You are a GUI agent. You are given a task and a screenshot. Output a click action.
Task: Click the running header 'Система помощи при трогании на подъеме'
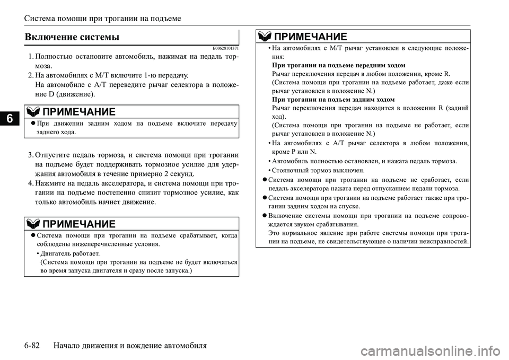click(x=102, y=19)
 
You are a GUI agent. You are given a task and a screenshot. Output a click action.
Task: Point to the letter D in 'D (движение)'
click(x=50, y=94)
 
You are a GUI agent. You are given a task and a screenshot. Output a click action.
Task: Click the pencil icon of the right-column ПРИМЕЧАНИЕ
click(x=264, y=37)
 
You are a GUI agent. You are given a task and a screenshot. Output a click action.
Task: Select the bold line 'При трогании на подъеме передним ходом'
click(x=338, y=65)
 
